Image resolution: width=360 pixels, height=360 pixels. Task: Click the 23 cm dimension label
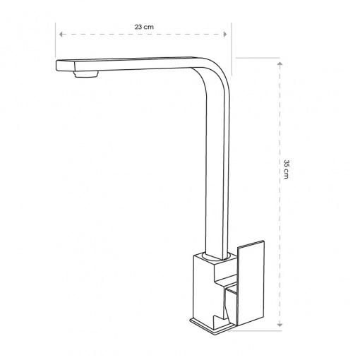tap(144, 27)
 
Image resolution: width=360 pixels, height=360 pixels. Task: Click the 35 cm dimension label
tap(287, 169)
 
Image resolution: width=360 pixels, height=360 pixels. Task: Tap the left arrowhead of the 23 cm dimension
tap(61, 35)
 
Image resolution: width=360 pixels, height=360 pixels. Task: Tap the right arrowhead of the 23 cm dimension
tap(225, 35)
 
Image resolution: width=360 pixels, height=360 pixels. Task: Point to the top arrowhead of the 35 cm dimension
tap(280, 64)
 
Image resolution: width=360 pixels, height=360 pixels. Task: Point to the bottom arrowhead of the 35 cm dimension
tap(280, 325)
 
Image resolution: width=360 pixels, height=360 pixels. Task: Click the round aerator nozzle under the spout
tap(85, 75)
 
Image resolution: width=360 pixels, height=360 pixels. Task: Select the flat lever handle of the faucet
tap(251, 282)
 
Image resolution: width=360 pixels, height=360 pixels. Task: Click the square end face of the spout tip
tap(66, 66)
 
